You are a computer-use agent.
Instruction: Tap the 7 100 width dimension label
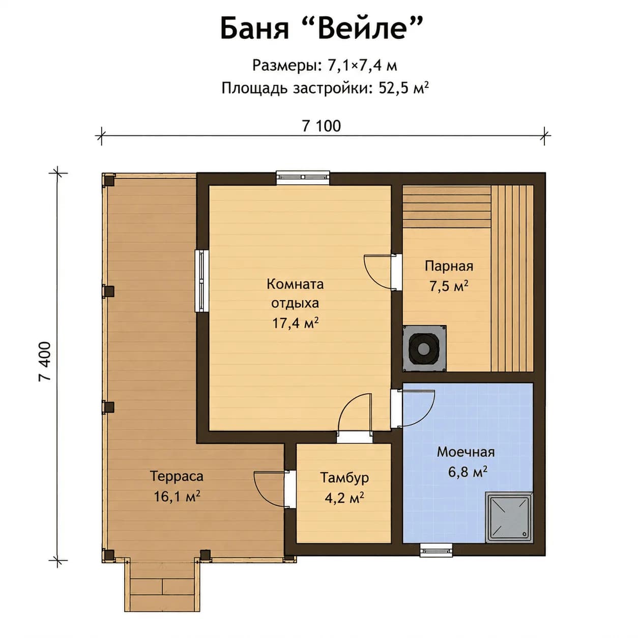[x=321, y=127]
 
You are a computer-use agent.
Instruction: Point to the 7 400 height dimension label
[x=45, y=361]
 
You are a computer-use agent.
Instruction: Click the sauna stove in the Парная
[x=424, y=347]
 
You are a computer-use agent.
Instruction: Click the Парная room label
[x=449, y=266]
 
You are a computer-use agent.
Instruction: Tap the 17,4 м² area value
[x=295, y=323]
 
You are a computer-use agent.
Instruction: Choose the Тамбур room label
[x=344, y=478]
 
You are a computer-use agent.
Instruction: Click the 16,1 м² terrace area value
[x=177, y=496]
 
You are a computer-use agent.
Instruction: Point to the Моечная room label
[x=466, y=452]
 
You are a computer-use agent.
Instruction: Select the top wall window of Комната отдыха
[x=303, y=177]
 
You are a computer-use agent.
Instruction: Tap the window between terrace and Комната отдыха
[x=201, y=281]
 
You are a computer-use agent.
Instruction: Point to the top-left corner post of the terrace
[x=108, y=180]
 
